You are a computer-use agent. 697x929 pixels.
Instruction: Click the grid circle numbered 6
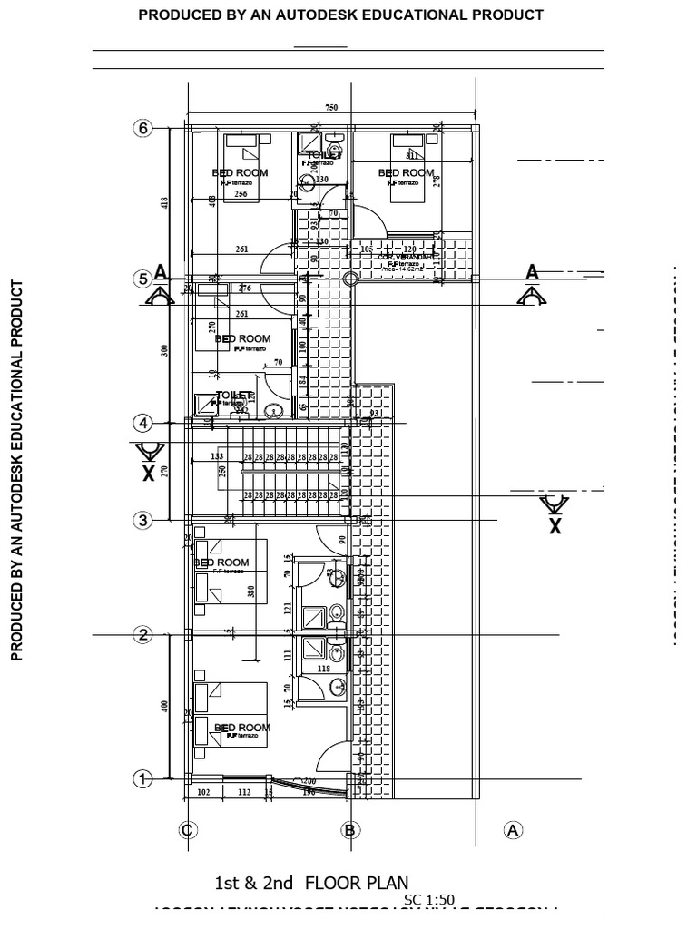coord(142,128)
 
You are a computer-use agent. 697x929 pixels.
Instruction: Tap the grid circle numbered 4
coord(142,423)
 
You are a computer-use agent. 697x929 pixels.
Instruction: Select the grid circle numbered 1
coord(142,778)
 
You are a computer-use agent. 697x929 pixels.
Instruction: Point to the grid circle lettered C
coord(187,829)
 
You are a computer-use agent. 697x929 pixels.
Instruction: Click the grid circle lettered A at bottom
coord(513,829)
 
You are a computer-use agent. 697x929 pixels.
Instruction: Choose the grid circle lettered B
coord(349,829)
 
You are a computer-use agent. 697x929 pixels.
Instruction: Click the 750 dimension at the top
coord(331,108)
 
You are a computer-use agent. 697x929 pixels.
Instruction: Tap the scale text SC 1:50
coord(429,900)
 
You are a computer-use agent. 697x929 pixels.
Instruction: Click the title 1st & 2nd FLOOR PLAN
coord(311,883)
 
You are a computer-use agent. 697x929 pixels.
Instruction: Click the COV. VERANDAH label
coord(405,257)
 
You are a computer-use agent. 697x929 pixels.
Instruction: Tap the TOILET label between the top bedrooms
coord(324,155)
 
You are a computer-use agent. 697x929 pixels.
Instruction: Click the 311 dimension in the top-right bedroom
coord(412,156)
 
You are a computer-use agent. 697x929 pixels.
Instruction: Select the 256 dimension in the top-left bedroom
coord(241,194)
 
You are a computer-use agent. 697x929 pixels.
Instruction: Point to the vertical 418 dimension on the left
coord(164,203)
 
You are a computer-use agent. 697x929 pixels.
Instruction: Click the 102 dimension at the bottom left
coord(203,791)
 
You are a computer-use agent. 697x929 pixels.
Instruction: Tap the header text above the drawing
coord(340,15)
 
